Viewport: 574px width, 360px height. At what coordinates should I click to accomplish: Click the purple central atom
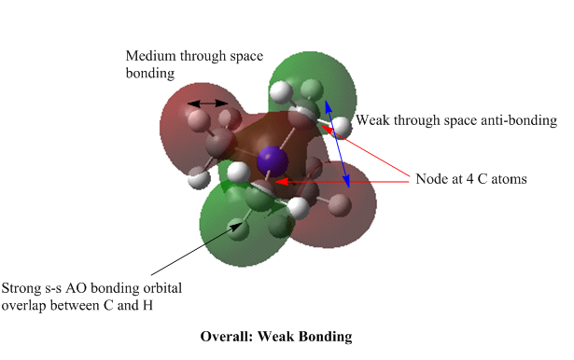[x=273, y=160]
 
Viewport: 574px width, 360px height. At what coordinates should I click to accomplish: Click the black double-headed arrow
[x=207, y=104]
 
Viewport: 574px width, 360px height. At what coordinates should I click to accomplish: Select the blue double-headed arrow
[x=337, y=145]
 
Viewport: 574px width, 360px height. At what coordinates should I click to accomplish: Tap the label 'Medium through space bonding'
[x=194, y=64]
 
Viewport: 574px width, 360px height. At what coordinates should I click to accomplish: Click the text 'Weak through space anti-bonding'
[x=456, y=120]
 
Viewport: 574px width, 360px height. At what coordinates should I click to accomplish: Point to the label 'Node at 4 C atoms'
[x=471, y=179]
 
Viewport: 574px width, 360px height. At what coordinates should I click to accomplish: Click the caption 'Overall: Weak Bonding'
[x=276, y=337]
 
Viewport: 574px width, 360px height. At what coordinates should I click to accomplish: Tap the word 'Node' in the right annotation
[x=429, y=179]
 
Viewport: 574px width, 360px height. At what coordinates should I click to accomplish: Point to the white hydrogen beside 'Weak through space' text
[x=342, y=126]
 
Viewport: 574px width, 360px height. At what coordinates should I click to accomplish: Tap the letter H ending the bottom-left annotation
[x=147, y=305]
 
